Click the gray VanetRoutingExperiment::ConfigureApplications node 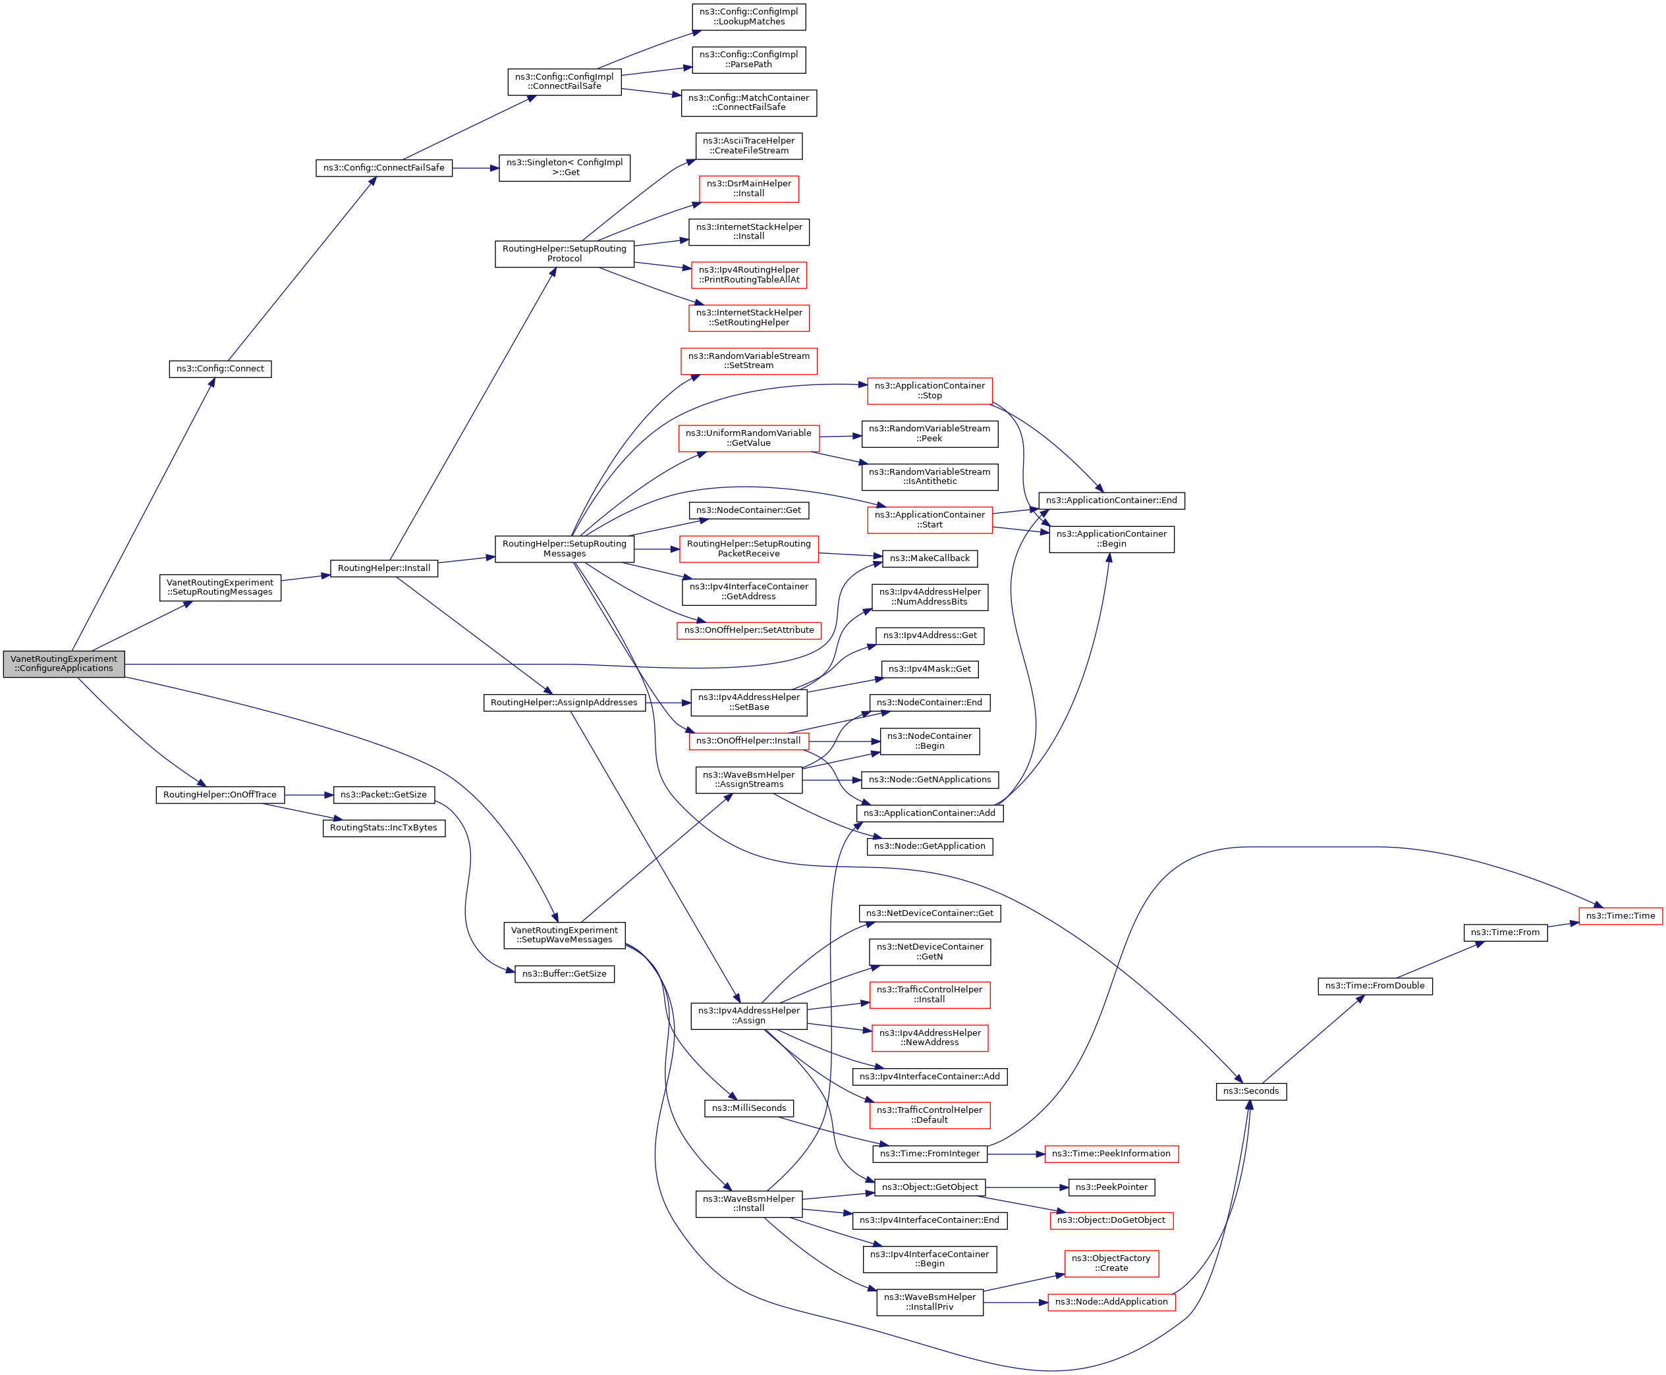pos(63,664)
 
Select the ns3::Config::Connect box pos(220,369)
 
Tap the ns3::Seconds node pos(1251,1091)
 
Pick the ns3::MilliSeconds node pos(748,1108)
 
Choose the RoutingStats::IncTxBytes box pos(383,828)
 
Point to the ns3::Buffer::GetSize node pos(564,973)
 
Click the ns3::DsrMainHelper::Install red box pos(748,188)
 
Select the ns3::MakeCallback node pos(930,558)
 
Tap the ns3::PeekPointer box pos(1111,1187)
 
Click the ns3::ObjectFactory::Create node pos(1111,1263)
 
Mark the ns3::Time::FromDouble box pos(1374,986)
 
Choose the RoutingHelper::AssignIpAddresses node pos(564,703)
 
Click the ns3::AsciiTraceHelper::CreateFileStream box pos(748,146)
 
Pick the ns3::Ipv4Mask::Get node pos(930,669)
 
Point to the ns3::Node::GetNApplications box pos(930,780)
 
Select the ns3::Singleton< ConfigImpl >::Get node pos(564,168)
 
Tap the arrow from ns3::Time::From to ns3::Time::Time pos(1563,925)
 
